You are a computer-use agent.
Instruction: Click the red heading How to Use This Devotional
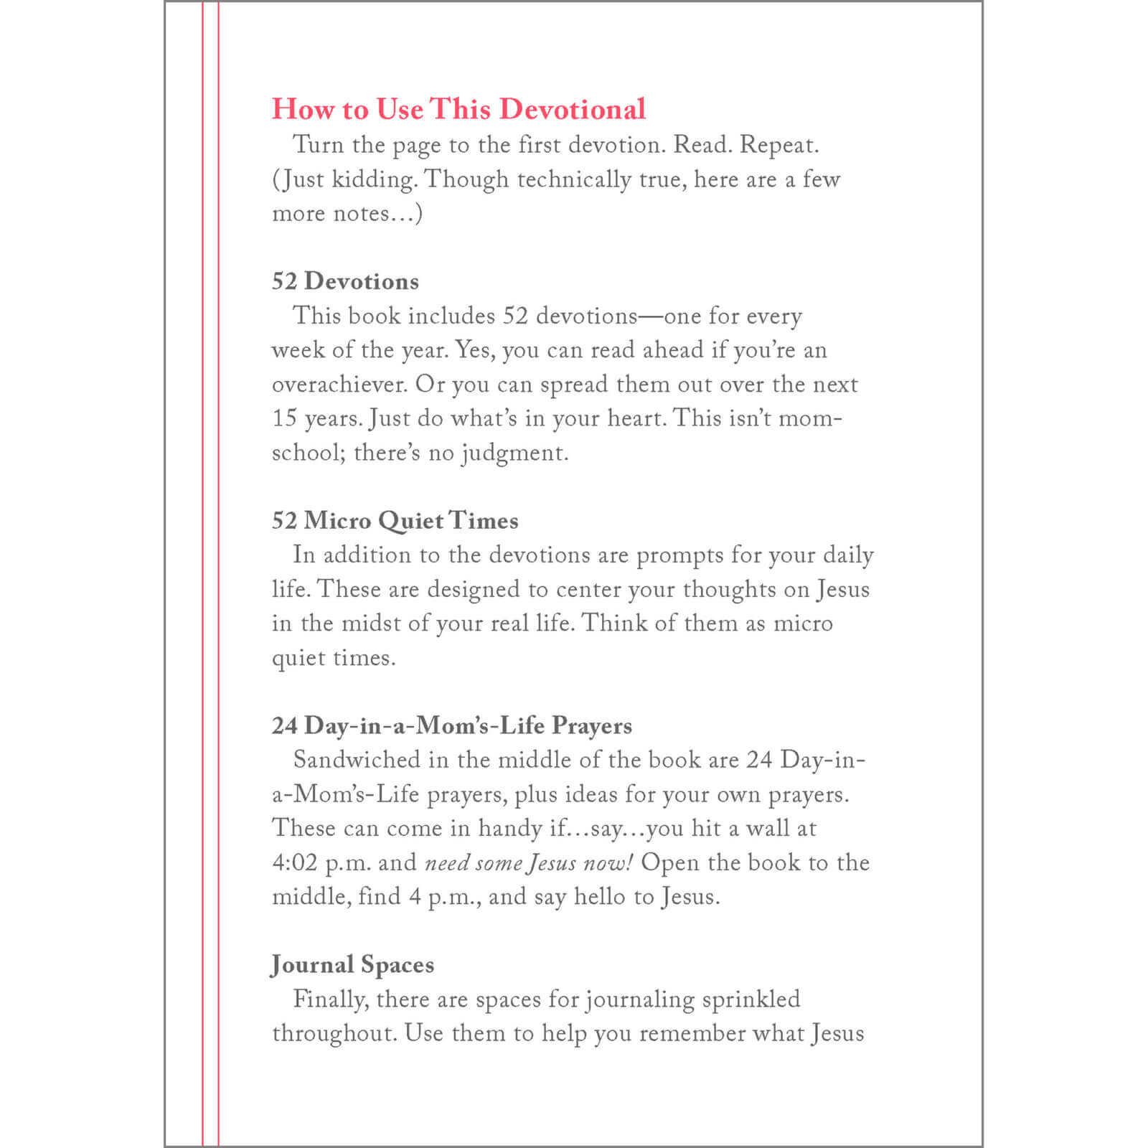coord(458,109)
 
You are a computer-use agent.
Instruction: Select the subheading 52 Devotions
coord(345,281)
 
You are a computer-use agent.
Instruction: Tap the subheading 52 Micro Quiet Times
coord(395,520)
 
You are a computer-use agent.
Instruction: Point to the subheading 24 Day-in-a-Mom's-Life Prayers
coord(451,725)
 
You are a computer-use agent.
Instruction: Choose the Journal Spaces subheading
coord(352,965)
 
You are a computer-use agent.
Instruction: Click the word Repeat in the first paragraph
coord(778,145)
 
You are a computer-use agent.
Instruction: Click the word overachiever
coord(339,385)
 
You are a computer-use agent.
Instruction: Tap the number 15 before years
coord(284,418)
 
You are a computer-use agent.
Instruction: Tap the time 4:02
coord(294,862)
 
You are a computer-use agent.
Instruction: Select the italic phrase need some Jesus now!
coord(529,862)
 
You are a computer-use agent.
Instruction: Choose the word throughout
coord(334,1034)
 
